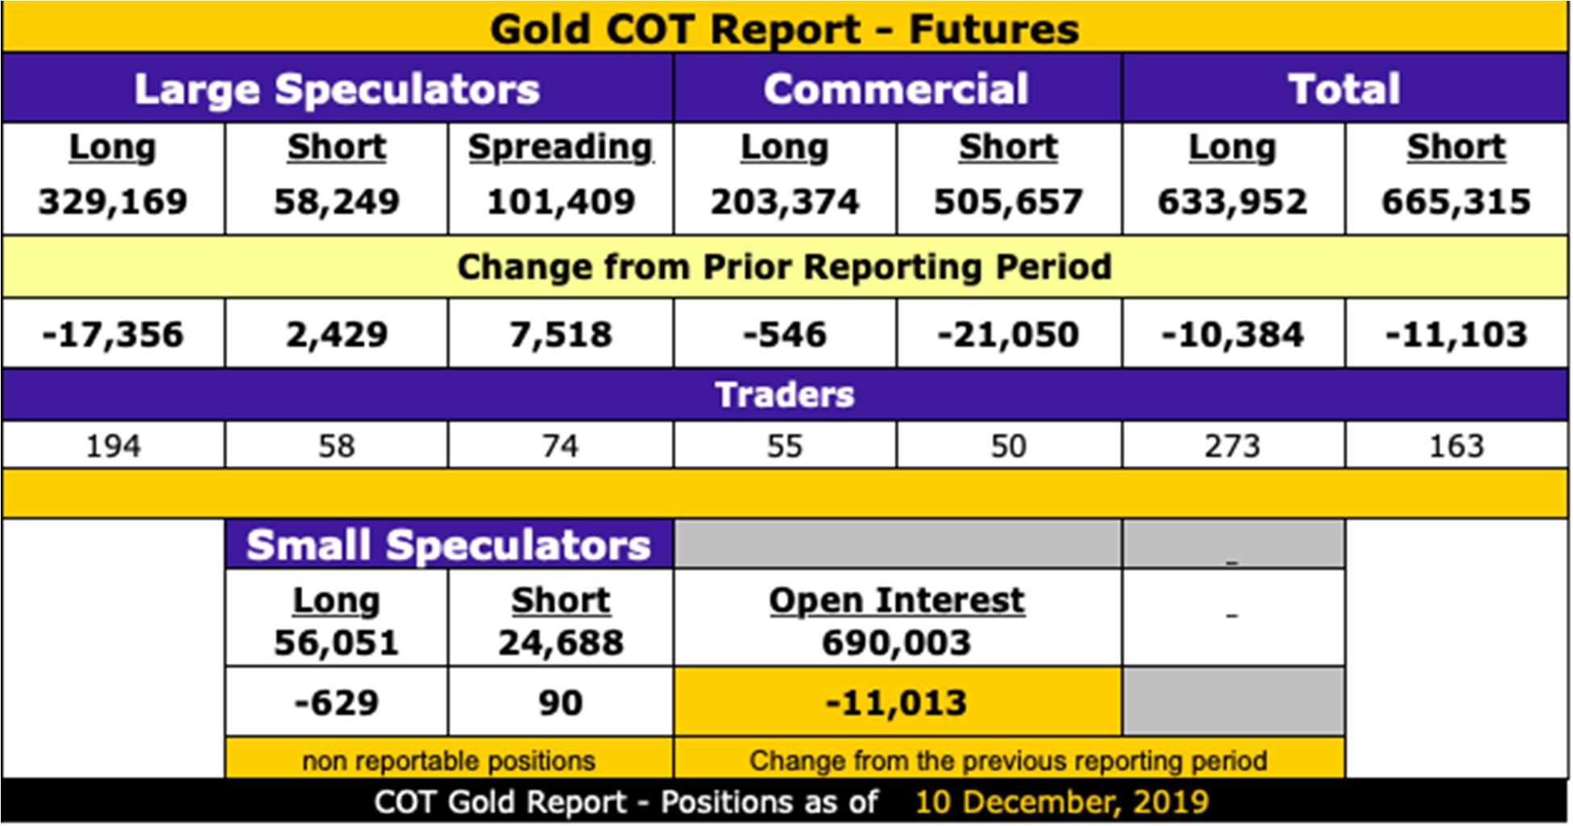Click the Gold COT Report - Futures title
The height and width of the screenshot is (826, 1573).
784,30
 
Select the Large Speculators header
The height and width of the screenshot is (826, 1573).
337,89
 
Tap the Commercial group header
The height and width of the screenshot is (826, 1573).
896,89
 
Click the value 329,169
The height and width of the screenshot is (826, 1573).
113,201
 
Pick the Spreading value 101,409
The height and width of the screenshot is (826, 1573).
561,201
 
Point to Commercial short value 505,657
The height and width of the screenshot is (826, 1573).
1008,201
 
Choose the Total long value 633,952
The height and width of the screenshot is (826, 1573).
1232,201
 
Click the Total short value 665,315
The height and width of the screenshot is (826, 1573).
1456,201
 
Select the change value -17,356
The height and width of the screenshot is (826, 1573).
113,334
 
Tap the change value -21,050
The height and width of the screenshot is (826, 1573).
1008,334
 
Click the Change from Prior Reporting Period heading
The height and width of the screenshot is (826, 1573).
784,267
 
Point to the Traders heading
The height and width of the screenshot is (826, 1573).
784,395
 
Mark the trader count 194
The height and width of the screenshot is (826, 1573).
113,446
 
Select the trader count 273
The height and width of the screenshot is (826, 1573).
1232,446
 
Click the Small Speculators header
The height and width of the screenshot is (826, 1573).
449,546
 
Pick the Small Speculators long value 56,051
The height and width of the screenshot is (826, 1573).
337,643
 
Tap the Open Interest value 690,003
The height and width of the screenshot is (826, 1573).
896,643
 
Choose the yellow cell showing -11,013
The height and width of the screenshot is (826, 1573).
897,702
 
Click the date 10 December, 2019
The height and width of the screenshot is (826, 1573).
1061,803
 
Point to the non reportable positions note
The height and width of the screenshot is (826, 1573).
449,761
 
